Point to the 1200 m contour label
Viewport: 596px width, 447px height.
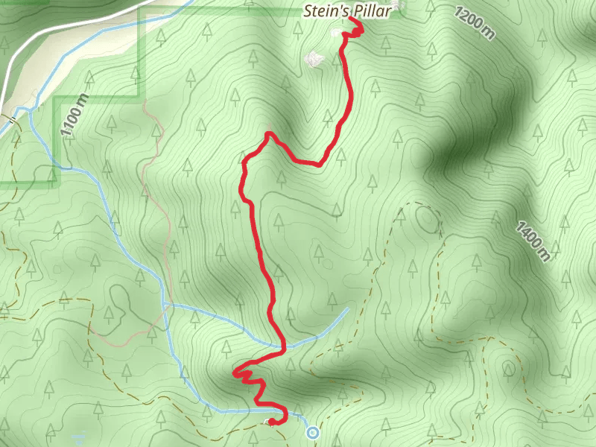pyautogui.click(x=473, y=23)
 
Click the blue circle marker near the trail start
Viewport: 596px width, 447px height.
pyautogui.click(x=313, y=432)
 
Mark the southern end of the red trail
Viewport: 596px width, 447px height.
pyautogui.click(x=272, y=422)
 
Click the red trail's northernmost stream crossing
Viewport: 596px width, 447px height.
pyautogui.click(x=283, y=346)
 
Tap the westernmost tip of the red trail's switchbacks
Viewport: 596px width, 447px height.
pyautogui.click(x=235, y=372)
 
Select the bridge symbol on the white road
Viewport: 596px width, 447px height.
pyautogui.click(x=12, y=119)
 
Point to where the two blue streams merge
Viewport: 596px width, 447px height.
pyautogui.click(x=164, y=305)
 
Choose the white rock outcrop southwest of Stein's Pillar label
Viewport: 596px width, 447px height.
pyautogui.click(x=314, y=57)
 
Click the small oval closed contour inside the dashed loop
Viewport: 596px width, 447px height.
pyautogui.click(x=427, y=219)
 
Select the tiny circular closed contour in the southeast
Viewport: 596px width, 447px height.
pyautogui.click(x=509, y=369)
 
